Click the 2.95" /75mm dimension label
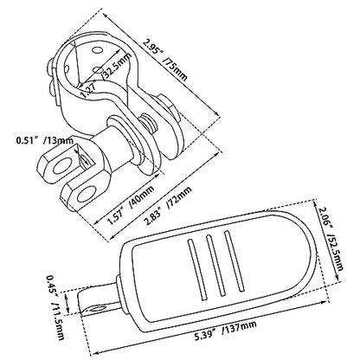(165, 60)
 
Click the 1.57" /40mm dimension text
(130, 205)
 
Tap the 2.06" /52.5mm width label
(330, 238)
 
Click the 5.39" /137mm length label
(225, 331)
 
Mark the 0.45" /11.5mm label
(56, 306)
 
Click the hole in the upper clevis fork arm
(61, 165)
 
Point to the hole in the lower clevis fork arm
(87, 194)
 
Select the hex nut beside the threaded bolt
(167, 106)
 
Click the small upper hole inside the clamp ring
(97, 50)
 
